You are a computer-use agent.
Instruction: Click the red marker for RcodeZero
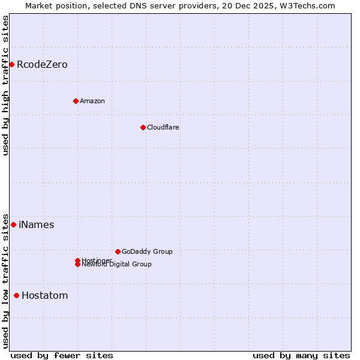pos(11,64)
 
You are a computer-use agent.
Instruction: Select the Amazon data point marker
pos(76,101)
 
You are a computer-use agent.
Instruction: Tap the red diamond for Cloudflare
pos(143,127)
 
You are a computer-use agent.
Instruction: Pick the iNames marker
pos(13,224)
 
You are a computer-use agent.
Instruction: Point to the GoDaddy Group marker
pos(118,251)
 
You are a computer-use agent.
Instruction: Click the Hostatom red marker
pos(16,295)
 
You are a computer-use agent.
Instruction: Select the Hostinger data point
pos(77,260)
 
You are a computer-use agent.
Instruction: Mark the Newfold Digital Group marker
pos(77,265)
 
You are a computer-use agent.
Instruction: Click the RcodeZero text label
pos(42,64)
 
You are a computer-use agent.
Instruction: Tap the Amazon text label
pos(92,101)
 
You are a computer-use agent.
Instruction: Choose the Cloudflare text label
pos(163,127)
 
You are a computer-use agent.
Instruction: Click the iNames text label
pos(36,224)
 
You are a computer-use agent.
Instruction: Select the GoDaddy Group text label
pos(147,251)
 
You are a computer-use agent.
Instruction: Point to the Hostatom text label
pos(44,295)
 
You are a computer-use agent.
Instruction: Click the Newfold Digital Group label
pos(117,265)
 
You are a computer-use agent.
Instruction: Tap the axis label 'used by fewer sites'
pos(62,355)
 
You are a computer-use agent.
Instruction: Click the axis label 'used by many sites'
pos(301,355)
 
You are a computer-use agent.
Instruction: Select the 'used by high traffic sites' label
pos(5,85)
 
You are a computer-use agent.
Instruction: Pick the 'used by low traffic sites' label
pos(5,280)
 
